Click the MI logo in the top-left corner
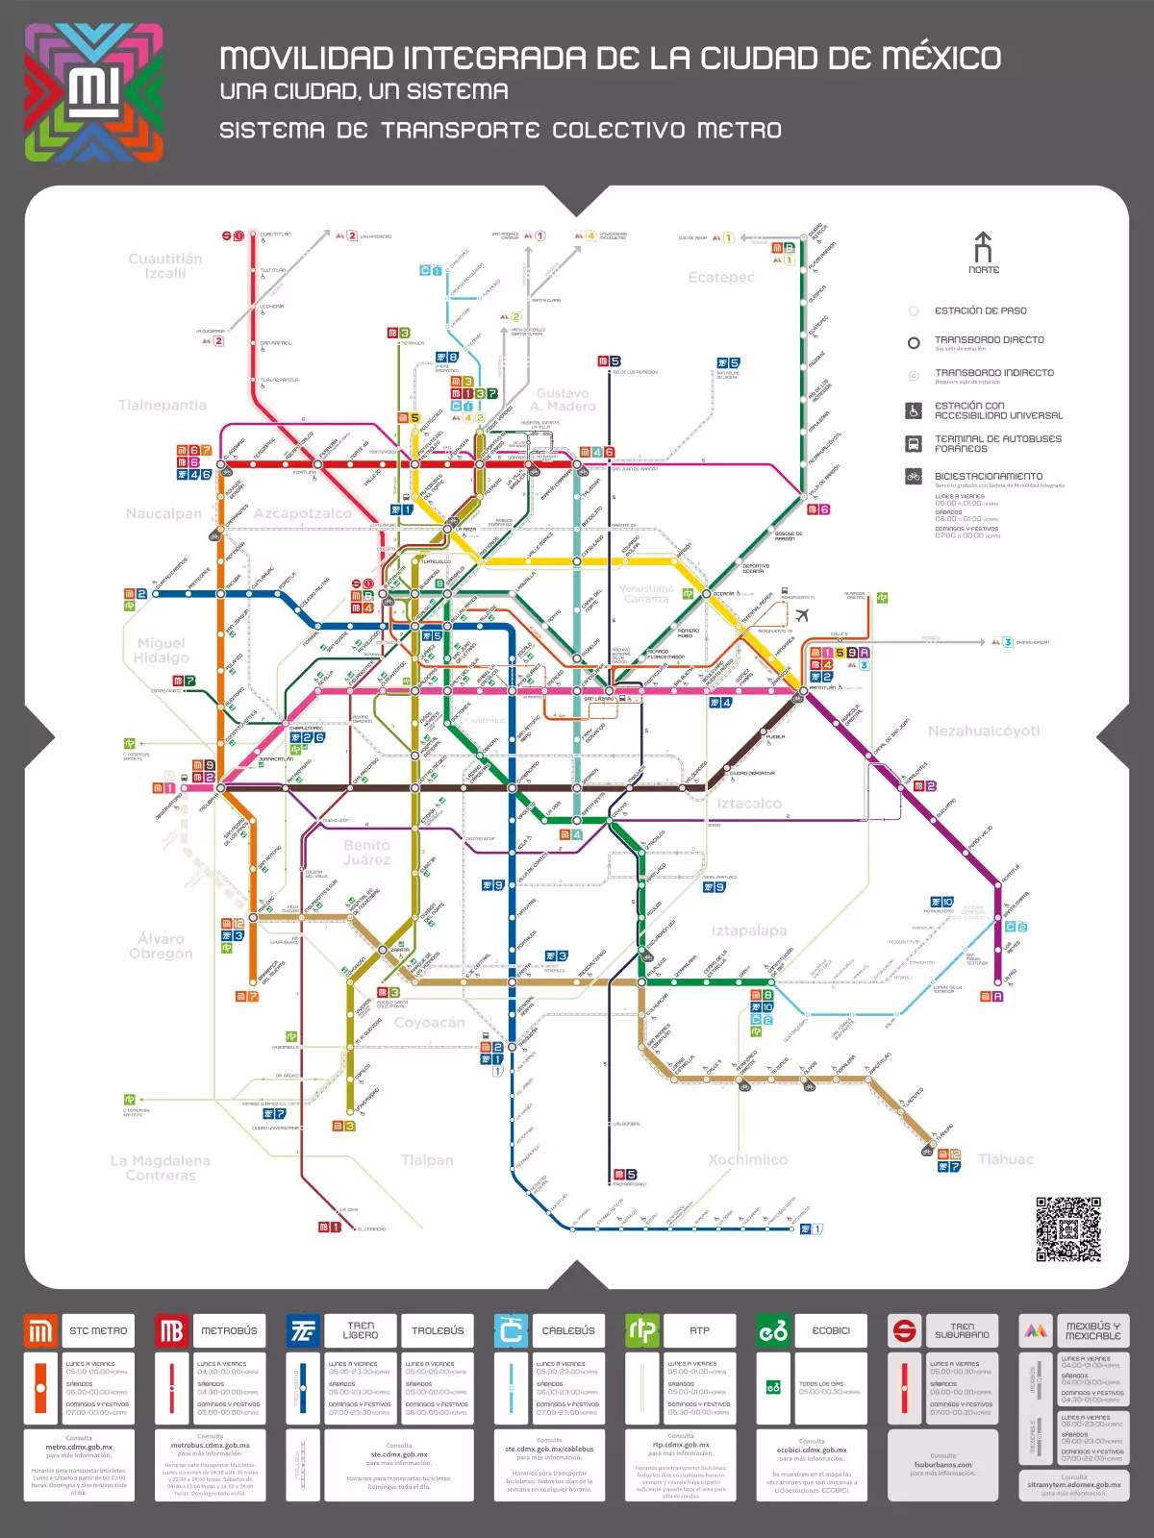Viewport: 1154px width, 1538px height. pos(93,92)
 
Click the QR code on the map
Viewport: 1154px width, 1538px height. pos(1067,1228)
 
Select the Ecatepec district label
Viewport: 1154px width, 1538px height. pos(721,278)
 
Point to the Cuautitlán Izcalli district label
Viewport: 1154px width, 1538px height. pos(165,266)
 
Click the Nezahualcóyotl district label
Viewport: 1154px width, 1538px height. pos(983,732)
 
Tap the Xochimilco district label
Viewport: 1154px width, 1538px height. pos(747,1160)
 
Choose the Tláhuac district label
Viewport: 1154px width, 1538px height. pos(1005,1160)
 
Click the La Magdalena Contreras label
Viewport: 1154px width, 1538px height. pos(160,1168)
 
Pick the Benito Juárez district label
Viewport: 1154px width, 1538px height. pos(366,853)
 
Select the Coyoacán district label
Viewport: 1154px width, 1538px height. pos(429,1023)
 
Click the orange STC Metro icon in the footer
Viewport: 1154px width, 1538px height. pos(40,1331)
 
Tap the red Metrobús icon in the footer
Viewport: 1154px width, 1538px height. pos(171,1331)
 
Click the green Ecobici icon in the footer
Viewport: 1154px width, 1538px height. pos(773,1331)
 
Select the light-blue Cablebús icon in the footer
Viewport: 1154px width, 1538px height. pos(511,1331)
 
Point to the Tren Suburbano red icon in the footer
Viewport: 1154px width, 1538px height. pos(904,1331)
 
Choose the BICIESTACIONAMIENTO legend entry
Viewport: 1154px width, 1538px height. pos(988,477)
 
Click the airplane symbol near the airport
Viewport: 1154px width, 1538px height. pos(802,615)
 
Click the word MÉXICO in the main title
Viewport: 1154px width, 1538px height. pos(941,59)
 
